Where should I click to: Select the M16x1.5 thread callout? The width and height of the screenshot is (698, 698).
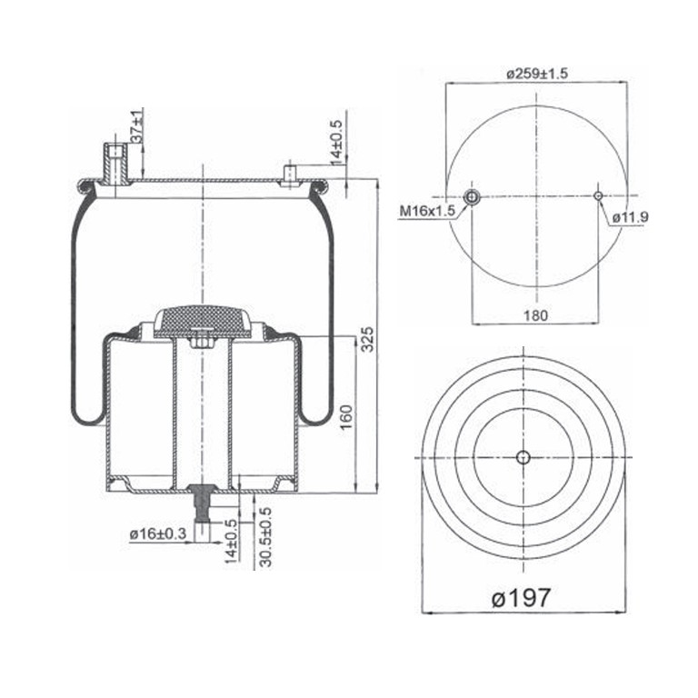click(x=427, y=211)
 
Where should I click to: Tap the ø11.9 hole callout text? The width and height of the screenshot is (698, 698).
click(x=630, y=217)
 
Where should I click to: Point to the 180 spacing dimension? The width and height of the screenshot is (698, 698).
click(x=535, y=315)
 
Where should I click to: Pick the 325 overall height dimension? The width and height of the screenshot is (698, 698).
click(x=367, y=339)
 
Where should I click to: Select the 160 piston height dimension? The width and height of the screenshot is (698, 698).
click(x=346, y=416)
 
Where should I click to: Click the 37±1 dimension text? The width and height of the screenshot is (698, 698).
click(x=137, y=125)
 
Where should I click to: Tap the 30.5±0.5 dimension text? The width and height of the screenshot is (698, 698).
click(x=265, y=537)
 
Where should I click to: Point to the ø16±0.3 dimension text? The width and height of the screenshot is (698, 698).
click(x=158, y=533)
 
